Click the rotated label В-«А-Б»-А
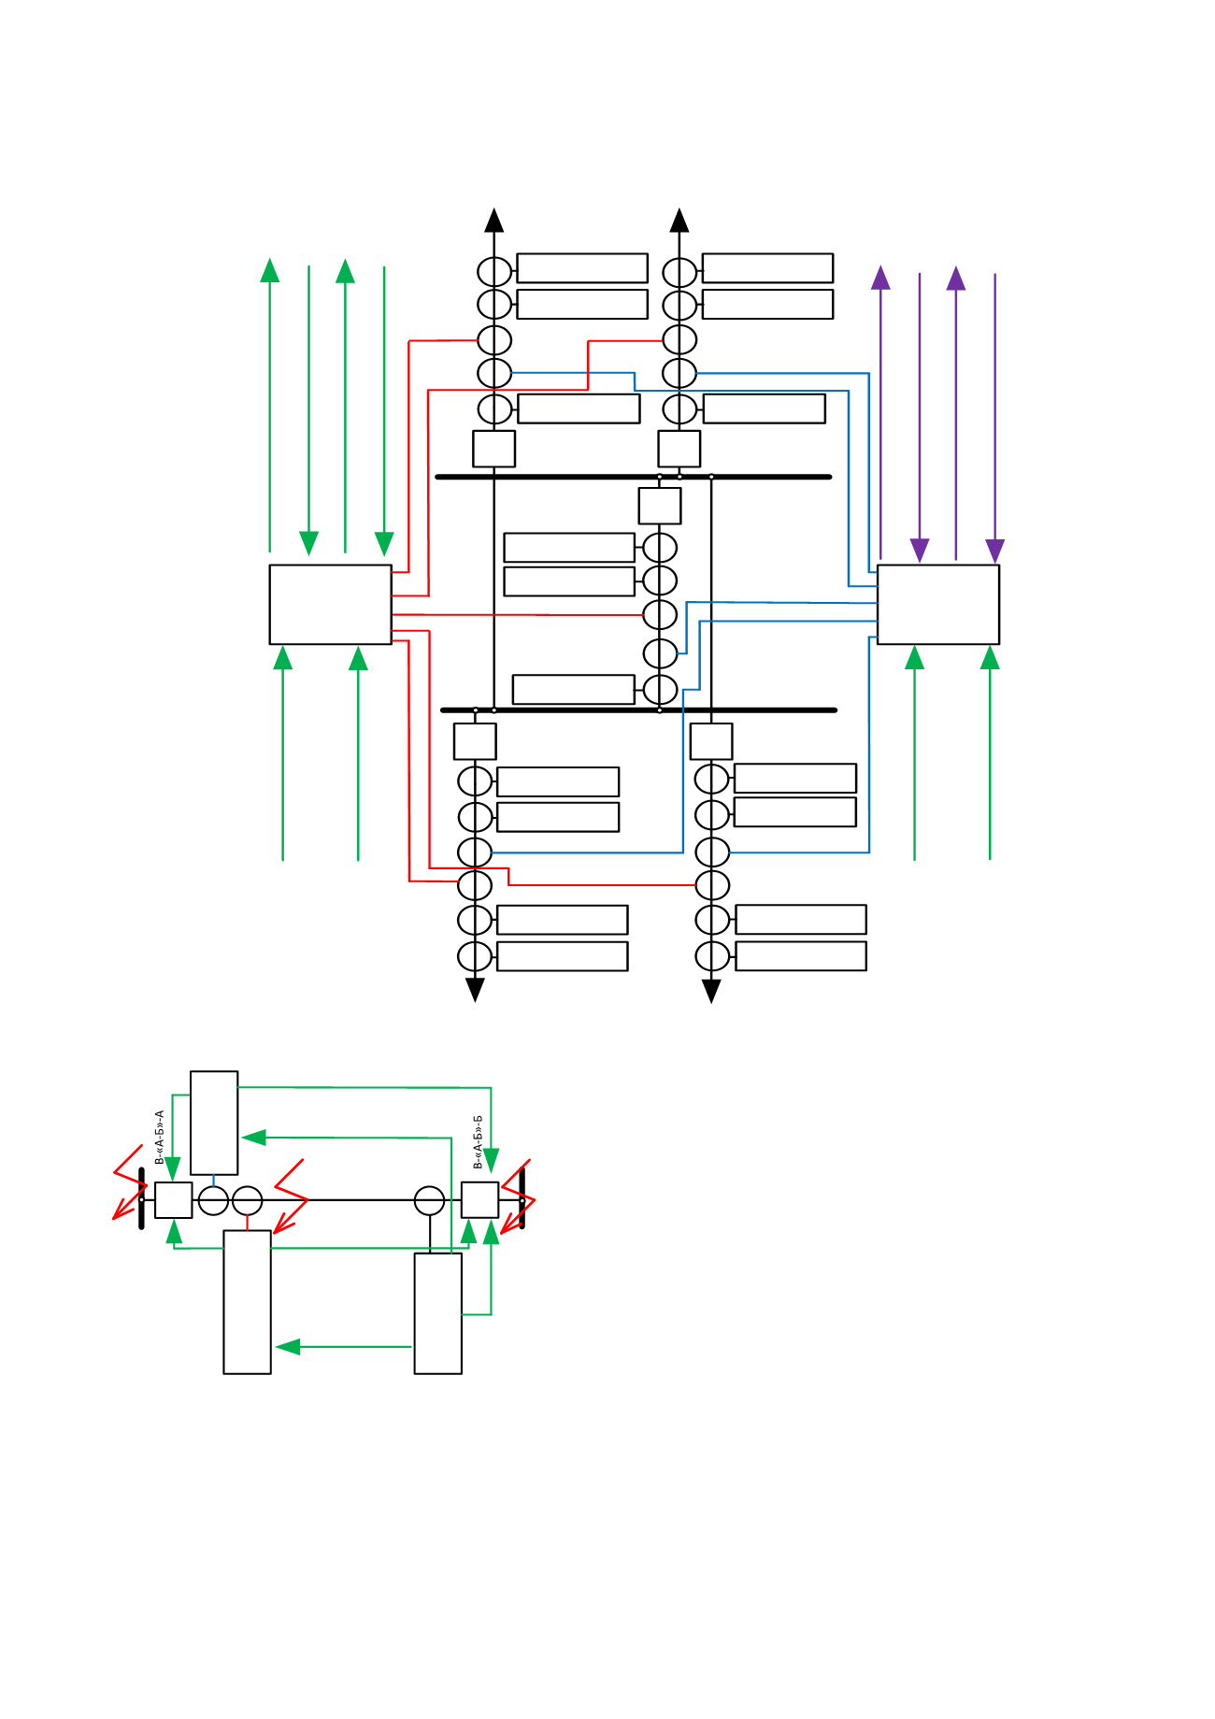(160, 1138)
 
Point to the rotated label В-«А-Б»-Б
(479, 1142)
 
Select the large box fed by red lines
(330, 604)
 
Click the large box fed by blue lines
(938, 604)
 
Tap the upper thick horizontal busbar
(634, 477)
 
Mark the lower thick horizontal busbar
(638, 710)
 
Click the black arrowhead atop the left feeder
(494, 220)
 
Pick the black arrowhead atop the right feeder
(679, 220)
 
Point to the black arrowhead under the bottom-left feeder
(475, 990)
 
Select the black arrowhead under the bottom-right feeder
(711, 991)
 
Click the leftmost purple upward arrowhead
(880, 278)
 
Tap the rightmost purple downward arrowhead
(995, 551)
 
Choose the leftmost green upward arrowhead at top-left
(270, 270)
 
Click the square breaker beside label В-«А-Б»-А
(174, 1200)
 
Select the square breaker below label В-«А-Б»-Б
(480, 1199)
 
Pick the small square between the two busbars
(660, 506)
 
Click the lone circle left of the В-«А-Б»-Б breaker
(429, 1200)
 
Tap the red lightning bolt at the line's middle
(290, 1196)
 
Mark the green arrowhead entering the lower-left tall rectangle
(288, 1347)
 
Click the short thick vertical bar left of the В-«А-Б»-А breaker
(142, 1198)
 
